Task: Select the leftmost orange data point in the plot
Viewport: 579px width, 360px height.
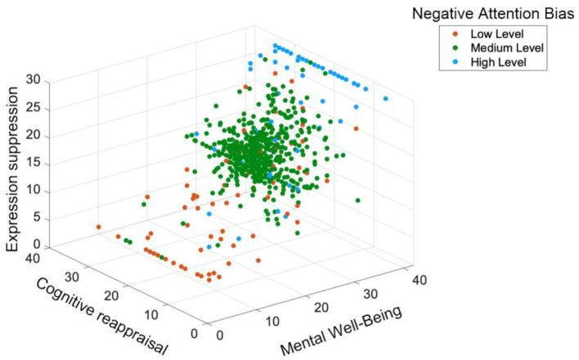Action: [98, 227]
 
